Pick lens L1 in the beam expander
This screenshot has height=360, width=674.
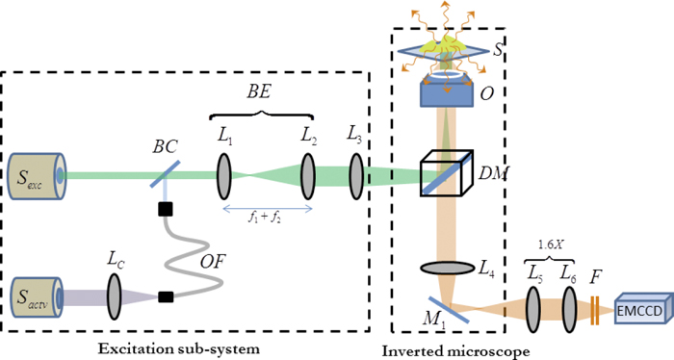224,175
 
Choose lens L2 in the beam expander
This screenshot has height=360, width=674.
308,175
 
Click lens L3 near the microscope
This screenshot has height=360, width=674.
356,175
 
